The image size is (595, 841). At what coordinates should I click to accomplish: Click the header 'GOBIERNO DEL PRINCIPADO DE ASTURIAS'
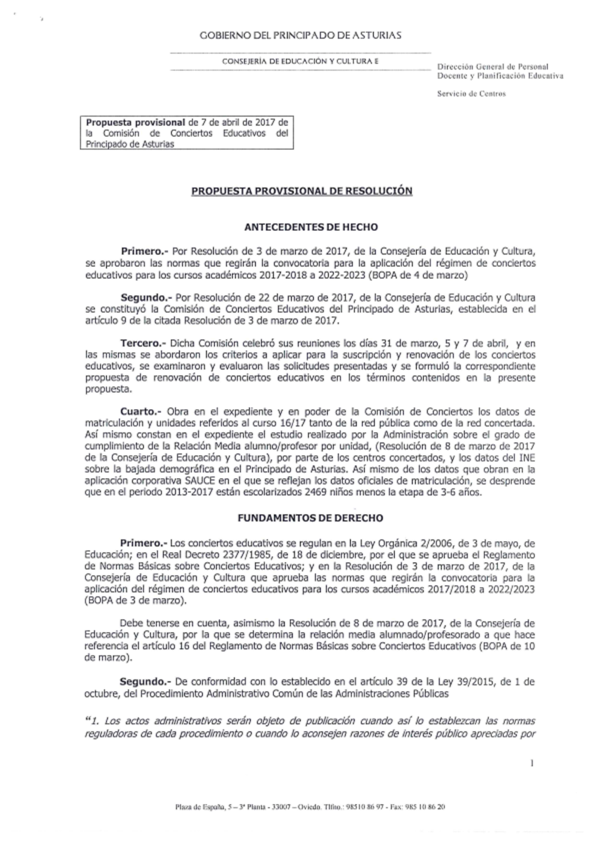tap(300, 35)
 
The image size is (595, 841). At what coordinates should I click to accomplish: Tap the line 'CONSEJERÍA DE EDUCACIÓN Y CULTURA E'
tap(300, 61)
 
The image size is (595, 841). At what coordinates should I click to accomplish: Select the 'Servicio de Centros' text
tap(471, 93)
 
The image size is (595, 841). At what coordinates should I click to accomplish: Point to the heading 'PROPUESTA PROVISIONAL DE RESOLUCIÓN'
tap(302, 191)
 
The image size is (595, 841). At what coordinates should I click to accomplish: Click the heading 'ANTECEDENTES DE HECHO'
tap(311, 227)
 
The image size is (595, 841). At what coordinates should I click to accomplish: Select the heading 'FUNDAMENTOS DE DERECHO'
tap(310, 518)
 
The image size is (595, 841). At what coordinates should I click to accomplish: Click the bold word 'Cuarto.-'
tap(141, 412)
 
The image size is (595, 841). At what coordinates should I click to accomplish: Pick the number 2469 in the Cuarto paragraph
tap(317, 492)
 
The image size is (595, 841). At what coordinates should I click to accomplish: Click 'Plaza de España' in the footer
tap(199, 807)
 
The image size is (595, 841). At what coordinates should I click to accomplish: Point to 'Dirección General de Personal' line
tap(493, 67)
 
